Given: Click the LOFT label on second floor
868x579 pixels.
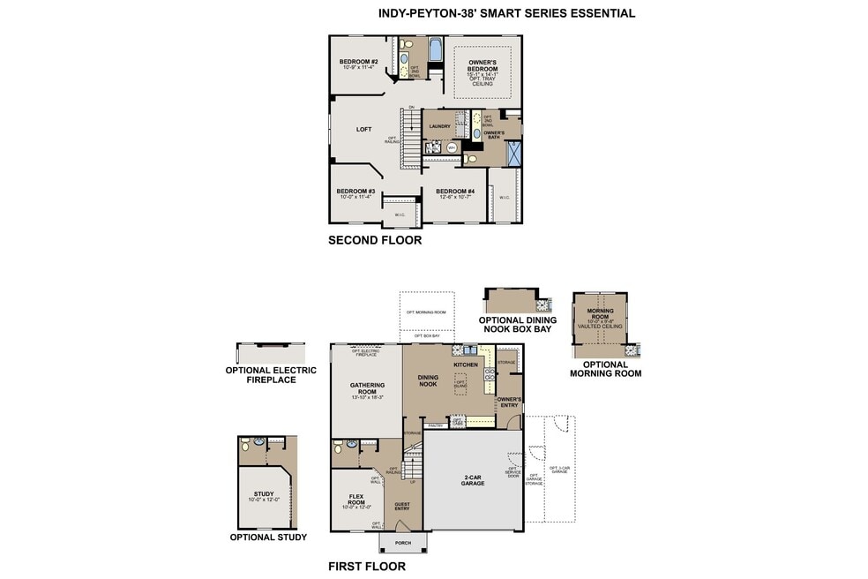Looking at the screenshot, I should (x=363, y=130).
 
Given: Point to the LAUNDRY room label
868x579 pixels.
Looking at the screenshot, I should (x=439, y=126).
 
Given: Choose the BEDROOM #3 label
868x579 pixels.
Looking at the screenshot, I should (x=355, y=192).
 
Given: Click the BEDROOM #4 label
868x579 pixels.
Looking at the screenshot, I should (x=455, y=192).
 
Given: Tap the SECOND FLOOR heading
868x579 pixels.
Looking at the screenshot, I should (x=374, y=240).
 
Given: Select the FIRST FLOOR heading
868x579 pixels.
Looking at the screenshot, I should (x=366, y=567).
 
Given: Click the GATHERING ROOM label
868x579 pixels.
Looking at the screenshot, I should (x=367, y=388).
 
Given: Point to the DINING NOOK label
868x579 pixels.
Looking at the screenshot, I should (x=428, y=380).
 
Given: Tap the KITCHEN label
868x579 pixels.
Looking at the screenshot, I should (x=465, y=365).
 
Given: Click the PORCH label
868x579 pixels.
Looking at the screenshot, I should (x=402, y=543).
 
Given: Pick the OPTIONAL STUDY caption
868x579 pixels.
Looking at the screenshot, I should (x=268, y=538).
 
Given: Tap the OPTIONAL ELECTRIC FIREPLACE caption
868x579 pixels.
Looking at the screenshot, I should (x=271, y=374).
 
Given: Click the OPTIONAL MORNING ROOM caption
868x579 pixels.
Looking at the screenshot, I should (x=605, y=369).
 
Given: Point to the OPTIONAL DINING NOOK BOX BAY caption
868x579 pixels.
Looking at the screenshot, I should (x=514, y=325).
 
